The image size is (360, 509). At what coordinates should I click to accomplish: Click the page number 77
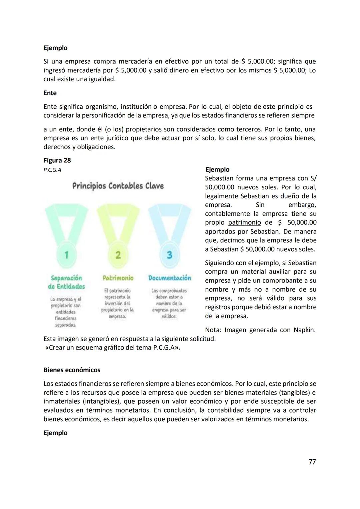pos(312,462)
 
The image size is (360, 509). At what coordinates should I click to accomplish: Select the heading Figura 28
pos(57,160)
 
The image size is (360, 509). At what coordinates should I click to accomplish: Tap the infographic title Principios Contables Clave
pos(118,186)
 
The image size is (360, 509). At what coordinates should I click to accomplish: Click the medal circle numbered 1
pos(66,255)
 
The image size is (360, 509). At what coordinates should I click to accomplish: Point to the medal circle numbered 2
pos(118,255)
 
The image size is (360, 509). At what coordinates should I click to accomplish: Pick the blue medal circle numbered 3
pos(169,255)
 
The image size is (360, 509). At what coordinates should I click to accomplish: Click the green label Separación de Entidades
pos(66,282)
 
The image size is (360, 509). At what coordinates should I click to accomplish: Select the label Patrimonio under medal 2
pos(118,278)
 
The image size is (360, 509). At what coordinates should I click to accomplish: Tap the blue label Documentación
pos(170,278)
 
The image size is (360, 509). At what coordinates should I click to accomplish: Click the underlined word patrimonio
pos(244,222)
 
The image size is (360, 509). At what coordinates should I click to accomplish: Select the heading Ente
pos(50,93)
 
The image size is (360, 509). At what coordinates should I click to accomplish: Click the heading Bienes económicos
pos(72,370)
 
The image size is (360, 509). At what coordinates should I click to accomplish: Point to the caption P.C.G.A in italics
pos(52,170)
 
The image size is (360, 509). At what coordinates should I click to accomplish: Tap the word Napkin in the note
pos(304,330)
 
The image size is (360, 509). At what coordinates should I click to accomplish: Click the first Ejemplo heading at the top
pos(55,48)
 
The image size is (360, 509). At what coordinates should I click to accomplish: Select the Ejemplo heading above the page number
pos(55,433)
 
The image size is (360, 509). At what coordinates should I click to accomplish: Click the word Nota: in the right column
pos(213,330)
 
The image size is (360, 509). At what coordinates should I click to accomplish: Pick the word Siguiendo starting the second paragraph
pos(220,263)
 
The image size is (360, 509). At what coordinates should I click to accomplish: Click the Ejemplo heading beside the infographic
pos(217,169)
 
